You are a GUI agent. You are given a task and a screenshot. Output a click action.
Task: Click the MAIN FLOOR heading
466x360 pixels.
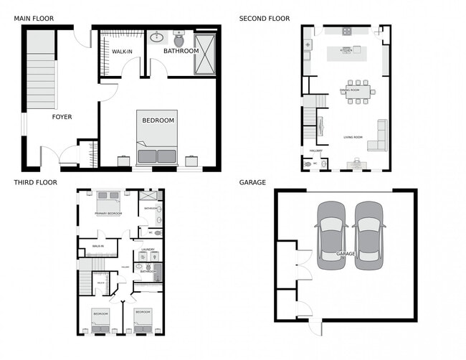click(34, 19)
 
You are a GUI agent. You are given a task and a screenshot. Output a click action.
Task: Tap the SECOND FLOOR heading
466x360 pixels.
click(265, 19)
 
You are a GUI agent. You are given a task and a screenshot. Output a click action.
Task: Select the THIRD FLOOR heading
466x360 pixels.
click(34, 183)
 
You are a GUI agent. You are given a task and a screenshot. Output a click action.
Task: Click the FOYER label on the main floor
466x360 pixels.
click(62, 117)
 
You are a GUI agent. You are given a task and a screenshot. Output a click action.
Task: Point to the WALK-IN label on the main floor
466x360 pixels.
click(121, 51)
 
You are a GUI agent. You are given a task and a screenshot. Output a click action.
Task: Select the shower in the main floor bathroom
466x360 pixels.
click(204, 53)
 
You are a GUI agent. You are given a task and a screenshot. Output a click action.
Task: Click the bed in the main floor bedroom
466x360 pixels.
click(156, 136)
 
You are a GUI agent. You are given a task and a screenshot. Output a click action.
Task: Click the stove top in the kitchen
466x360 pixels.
click(347, 32)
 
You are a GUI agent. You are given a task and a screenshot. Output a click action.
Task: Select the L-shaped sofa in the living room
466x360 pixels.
click(378, 138)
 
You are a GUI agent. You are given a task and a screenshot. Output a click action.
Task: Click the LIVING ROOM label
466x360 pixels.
click(353, 137)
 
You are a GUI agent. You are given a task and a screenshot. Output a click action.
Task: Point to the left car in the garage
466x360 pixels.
click(332, 235)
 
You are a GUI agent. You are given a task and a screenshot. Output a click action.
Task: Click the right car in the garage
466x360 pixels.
click(369, 235)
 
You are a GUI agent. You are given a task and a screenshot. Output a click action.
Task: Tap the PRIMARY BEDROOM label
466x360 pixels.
click(108, 214)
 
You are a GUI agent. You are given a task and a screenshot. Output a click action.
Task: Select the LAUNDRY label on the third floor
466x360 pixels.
click(148, 250)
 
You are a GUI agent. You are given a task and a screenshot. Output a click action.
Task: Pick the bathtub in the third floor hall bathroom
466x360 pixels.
click(158, 272)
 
